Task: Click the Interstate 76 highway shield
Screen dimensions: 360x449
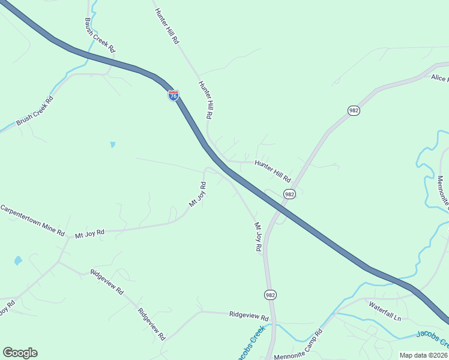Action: click(173, 95)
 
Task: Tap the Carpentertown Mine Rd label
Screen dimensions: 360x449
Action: click(32, 220)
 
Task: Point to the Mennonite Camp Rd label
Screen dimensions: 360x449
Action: click(298, 345)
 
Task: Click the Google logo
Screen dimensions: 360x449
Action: click(20, 352)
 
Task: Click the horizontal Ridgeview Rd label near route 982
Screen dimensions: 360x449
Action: click(249, 315)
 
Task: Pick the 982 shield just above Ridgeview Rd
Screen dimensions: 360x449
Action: click(270, 295)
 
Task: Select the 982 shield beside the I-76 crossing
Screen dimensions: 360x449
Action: click(289, 194)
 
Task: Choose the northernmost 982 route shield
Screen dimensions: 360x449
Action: click(353, 110)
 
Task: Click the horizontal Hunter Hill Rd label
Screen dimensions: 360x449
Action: click(273, 170)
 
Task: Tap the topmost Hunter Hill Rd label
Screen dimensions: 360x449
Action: click(167, 26)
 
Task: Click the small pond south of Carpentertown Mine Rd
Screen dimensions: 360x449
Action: click(18, 261)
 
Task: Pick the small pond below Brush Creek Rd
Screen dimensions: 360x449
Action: click(112, 145)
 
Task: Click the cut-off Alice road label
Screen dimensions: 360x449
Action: click(439, 77)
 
